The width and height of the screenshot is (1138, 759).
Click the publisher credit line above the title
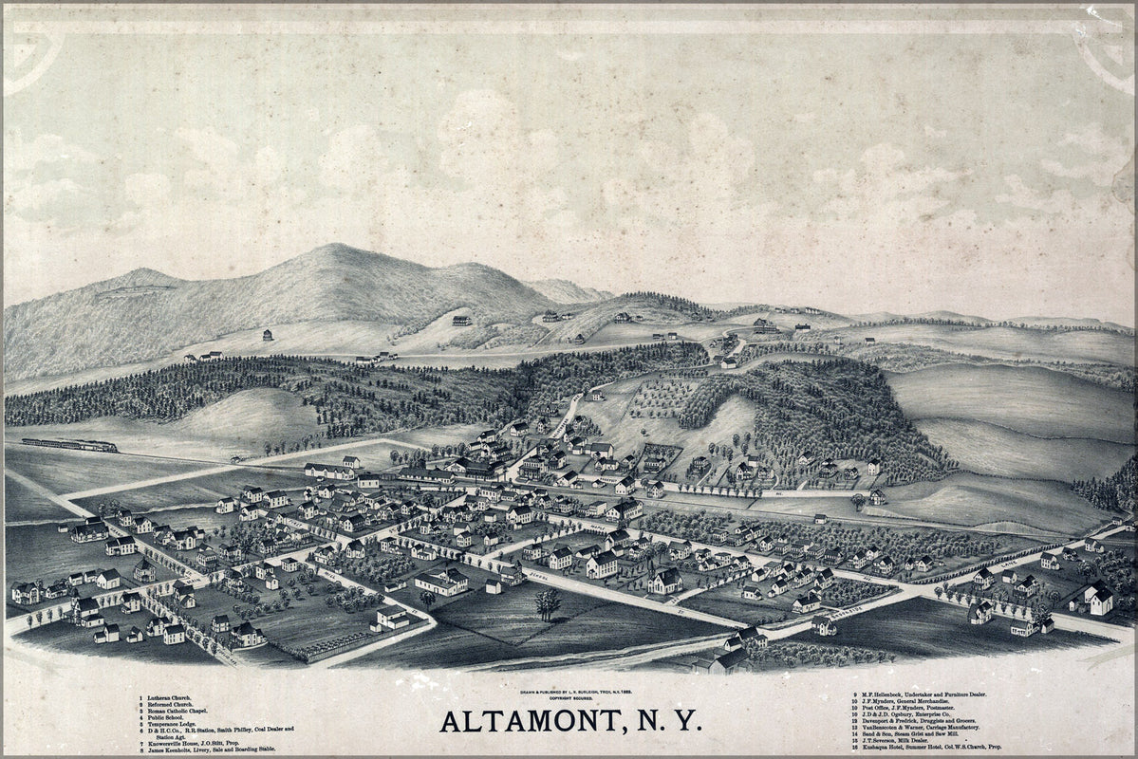[569, 689]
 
